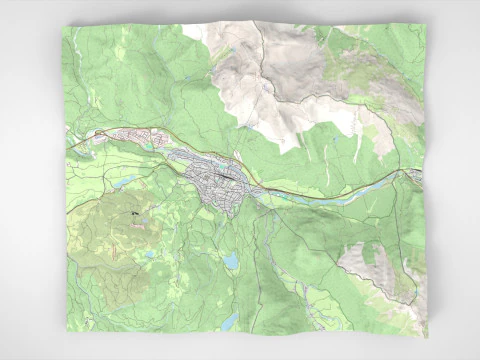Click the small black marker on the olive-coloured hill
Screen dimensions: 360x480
click(132, 213)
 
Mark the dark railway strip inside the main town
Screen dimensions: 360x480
click(228, 175)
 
